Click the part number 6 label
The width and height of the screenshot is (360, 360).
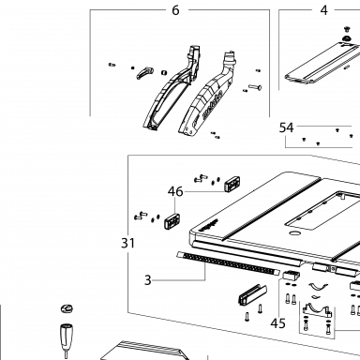pos(175,10)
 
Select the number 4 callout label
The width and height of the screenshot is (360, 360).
pos(324,10)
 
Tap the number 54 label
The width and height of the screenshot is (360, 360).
pos(286,127)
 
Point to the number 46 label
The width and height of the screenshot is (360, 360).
pos(175,191)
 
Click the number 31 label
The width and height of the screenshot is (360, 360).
pos(127,243)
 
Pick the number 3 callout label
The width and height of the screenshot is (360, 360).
pos(148,280)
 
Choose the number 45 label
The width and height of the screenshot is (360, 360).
pos(277,323)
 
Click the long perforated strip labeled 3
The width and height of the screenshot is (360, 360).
pos(229,262)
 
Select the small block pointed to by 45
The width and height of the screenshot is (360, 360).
pos(291,275)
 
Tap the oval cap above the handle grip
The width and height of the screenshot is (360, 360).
pos(67,308)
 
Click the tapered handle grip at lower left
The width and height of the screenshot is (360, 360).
pos(67,337)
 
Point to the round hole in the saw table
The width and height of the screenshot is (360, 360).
pos(294,232)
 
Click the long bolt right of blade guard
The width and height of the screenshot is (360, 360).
pos(255,87)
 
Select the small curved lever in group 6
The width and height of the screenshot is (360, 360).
pos(144,72)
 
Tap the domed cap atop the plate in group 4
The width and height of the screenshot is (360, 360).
pos(347,38)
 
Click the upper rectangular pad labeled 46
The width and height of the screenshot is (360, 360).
pos(232,183)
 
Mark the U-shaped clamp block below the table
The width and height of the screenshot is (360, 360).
pos(252,294)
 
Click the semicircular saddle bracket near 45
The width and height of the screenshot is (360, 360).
pos(316,309)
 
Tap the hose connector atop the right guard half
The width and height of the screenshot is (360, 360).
pos(231,58)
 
